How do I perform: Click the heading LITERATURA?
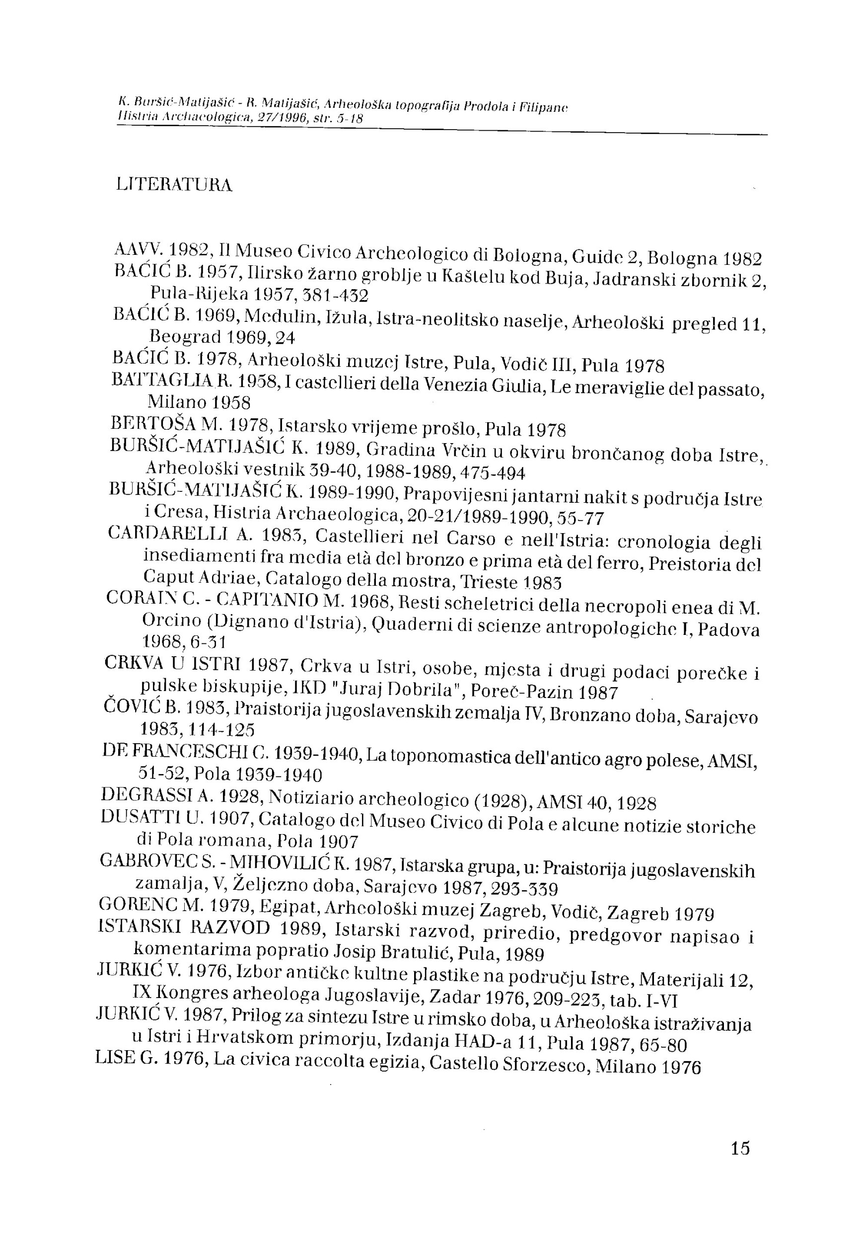click(x=174, y=185)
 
